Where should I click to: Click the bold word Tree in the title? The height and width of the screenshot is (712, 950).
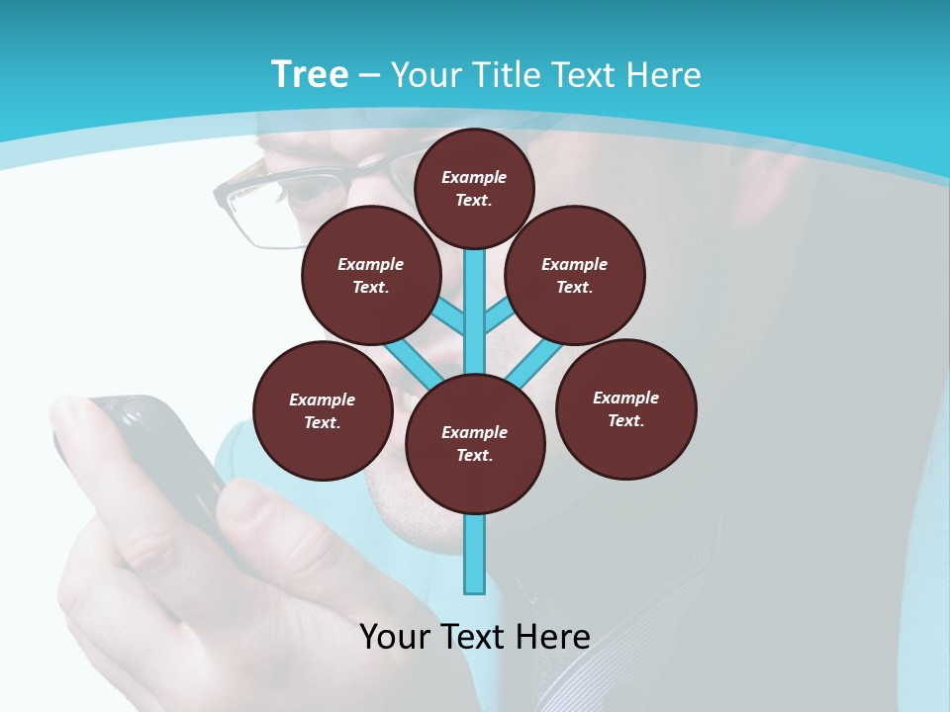(310, 75)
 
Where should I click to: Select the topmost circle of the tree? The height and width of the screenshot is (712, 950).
(474, 188)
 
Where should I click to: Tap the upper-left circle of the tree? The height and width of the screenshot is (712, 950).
(371, 275)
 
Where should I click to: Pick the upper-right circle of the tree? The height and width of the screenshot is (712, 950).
(575, 275)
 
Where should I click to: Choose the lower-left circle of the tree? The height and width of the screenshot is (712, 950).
(323, 410)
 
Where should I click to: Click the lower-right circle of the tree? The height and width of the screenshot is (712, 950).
(625, 408)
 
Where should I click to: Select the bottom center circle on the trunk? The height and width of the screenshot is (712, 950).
(475, 443)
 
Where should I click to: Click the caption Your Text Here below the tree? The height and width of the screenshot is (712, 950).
(475, 636)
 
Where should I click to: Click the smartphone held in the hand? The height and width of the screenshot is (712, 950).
(158, 455)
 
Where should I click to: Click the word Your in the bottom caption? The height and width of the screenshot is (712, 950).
(395, 636)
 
